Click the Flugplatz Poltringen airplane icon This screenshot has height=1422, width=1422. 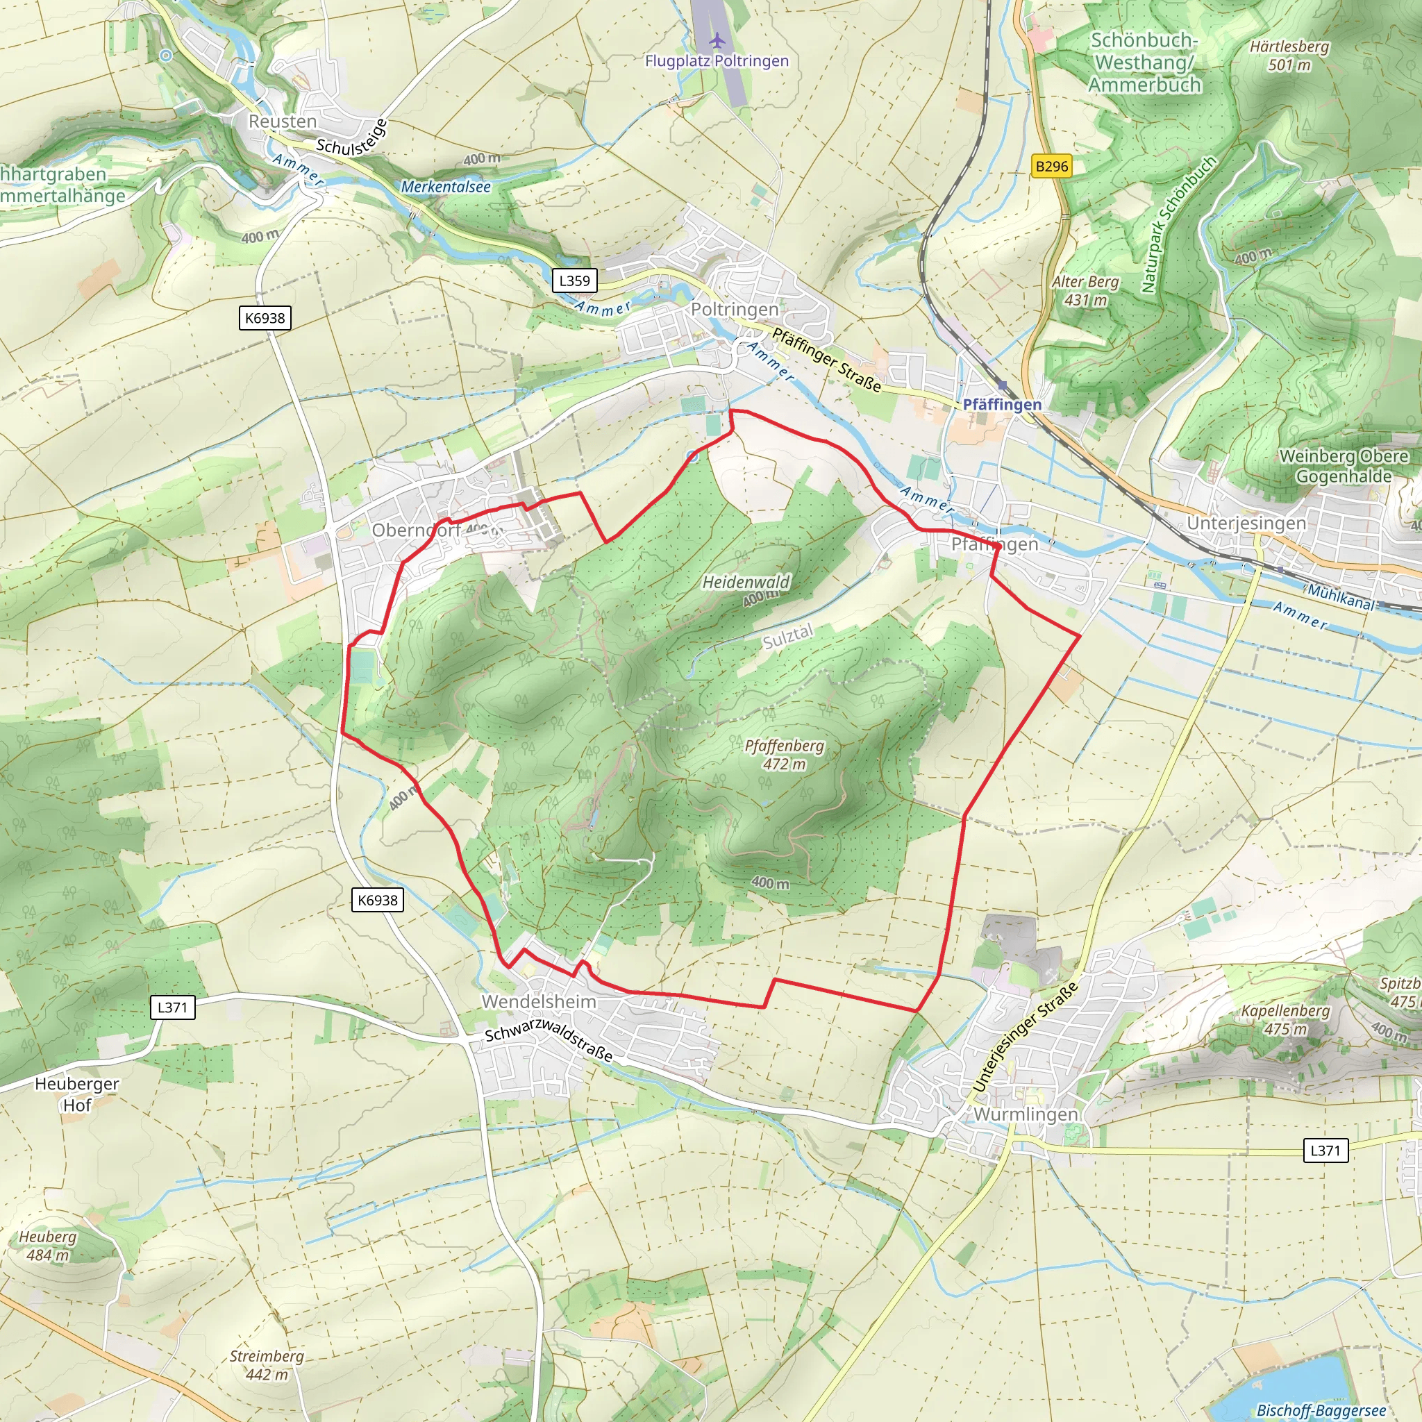[717, 40]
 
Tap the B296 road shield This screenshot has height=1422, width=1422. [1051, 167]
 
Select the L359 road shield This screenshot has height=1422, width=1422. [574, 281]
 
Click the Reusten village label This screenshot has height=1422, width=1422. [283, 122]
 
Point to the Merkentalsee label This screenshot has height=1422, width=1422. [445, 187]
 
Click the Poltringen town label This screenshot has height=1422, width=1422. [734, 310]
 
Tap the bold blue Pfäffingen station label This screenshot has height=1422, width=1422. [1002, 405]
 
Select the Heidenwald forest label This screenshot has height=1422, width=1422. [746, 582]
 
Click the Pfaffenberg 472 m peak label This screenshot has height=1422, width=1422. [784, 755]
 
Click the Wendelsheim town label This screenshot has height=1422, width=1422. [539, 1002]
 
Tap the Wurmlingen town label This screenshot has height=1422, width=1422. [1026, 1114]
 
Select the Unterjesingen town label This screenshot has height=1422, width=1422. [1246, 524]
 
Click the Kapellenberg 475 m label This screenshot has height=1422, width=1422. [1285, 1019]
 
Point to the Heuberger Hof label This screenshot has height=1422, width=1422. [76, 1094]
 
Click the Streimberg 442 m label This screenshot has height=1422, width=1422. [267, 1365]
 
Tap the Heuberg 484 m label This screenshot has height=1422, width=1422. [48, 1246]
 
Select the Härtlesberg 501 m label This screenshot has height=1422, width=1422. [1289, 56]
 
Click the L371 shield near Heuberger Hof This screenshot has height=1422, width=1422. [173, 1007]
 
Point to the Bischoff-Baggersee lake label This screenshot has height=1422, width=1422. [1321, 1410]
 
